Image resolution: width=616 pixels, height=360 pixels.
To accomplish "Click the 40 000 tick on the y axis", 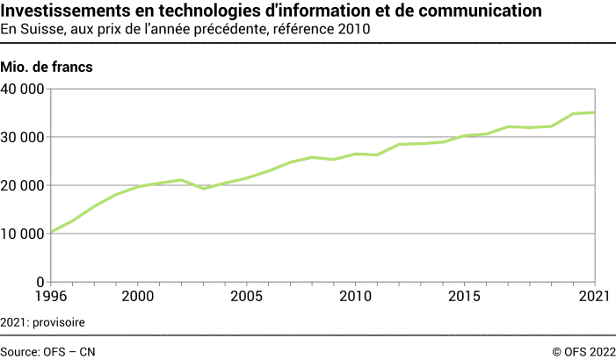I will point(23,89).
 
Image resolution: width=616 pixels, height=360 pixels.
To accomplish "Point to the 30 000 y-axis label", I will point(23,137).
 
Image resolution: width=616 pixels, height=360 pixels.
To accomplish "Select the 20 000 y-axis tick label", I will point(23,185).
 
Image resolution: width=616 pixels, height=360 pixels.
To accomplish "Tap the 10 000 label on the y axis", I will point(23,234).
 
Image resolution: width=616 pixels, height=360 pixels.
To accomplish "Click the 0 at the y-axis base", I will point(40,282).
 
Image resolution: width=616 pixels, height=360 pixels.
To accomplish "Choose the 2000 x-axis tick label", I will point(137,297).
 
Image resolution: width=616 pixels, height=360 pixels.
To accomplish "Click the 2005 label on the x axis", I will point(246,297).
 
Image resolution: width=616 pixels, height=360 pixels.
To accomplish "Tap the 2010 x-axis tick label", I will point(355,297).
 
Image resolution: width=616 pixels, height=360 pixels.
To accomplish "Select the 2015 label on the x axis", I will point(464,297).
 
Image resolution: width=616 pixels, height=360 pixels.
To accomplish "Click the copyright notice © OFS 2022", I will point(583,350).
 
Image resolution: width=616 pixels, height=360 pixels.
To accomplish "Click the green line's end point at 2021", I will point(595,112).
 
